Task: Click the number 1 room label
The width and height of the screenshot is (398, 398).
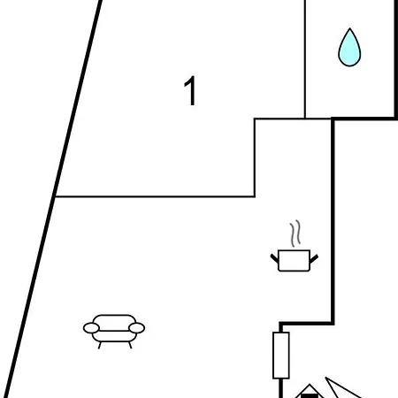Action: (190, 91)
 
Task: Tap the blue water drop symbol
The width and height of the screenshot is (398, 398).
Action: (349, 48)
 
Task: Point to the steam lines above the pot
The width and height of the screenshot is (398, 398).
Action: (295, 233)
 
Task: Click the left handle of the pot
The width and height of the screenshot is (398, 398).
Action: (274, 258)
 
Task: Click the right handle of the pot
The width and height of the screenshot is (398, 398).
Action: (314, 258)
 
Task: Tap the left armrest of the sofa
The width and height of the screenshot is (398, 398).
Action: (91, 328)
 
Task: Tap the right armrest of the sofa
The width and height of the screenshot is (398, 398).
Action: (137, 328)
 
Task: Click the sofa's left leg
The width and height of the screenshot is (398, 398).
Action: (100, 345)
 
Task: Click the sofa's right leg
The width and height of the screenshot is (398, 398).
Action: (130, 345)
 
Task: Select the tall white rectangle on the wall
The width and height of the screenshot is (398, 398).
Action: (281, 356)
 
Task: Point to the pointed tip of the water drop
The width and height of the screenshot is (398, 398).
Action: (349, 28)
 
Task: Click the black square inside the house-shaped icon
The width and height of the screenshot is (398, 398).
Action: (309, 395)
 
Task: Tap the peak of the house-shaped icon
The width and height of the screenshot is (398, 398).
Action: (310, 385)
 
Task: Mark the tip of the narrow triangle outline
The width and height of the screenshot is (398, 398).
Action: (325, 378)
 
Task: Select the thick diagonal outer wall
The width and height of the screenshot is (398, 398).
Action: (53, 199)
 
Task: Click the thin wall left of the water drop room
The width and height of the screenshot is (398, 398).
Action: (305, 59)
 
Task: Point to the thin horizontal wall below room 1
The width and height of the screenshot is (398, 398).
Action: (155, 196)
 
